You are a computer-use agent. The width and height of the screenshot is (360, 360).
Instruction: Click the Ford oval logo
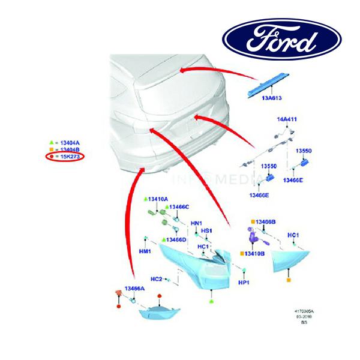click(282, 38)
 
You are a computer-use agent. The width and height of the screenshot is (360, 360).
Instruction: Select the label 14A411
click(286, 119)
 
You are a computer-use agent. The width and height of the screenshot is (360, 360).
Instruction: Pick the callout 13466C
click(179, 207)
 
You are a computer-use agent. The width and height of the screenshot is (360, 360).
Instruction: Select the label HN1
click(196, 224)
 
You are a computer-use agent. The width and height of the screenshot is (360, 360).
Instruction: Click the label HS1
click(207, 231)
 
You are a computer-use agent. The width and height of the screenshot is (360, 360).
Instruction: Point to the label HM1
click(145, 252)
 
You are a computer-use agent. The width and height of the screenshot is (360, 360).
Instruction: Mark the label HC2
click(156, 279)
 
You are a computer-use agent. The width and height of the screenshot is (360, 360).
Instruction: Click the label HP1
click(244, 283)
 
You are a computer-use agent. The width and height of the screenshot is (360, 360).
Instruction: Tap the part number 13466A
click(134, 289)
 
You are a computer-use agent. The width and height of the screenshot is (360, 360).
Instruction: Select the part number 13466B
click(265, 223)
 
